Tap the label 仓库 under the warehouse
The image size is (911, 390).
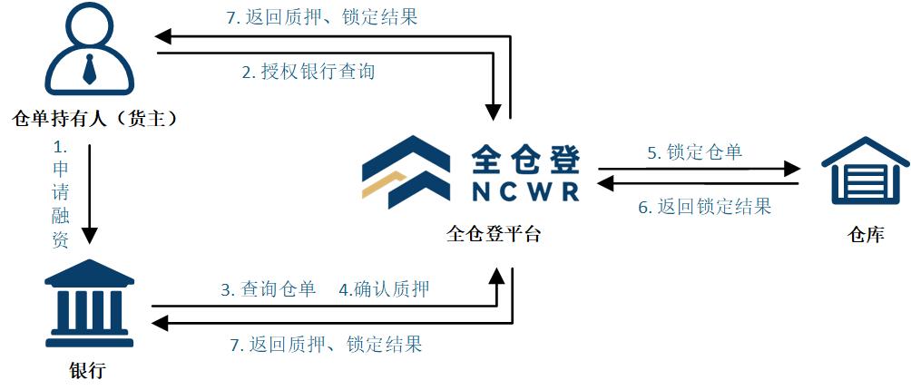(864, 235)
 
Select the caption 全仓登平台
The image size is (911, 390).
(494, 234)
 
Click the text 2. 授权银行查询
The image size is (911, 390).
(309, 72)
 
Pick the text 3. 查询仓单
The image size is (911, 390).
(268, 289)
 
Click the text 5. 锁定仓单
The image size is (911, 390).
(694, 152)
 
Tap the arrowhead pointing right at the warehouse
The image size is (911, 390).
(792, 169)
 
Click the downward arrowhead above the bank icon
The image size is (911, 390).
(89, 235)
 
